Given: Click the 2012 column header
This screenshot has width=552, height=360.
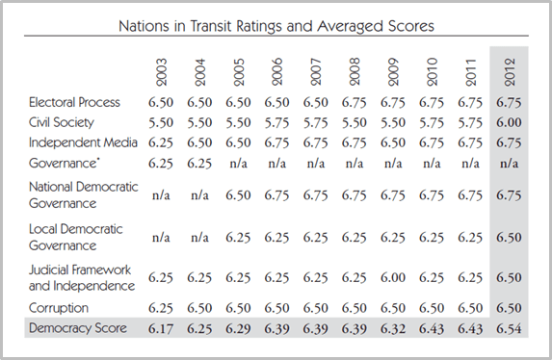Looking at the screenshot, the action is tap(510, 72).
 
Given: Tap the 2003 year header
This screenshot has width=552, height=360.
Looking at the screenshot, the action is tap(161, 72).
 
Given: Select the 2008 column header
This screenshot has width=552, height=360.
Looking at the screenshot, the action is tap(355, 72).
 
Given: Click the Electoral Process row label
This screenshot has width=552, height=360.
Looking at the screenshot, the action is tap(74, 102).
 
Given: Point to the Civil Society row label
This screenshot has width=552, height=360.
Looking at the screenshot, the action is tap(62, 123).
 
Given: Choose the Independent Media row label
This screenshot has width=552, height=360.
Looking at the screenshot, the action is tap(83, 142).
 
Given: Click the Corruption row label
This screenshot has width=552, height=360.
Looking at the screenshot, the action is tap(59, 308).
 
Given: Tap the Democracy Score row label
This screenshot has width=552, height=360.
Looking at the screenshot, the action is tap(78, 328).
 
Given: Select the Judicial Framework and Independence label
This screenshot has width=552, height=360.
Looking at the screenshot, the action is tap(82, 277).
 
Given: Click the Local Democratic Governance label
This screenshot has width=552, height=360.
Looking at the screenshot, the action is tap(76, 237).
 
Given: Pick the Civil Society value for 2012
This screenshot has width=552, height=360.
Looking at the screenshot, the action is tap(509, 123).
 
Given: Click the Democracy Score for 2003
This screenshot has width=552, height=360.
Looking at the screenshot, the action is tap(161, 328).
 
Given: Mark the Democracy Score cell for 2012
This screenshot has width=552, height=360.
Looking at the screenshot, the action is tap(509, 328).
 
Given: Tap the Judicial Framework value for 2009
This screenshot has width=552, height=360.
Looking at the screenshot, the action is tap(393, 277).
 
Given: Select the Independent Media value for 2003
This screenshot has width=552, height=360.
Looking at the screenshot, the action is tap(161, 142).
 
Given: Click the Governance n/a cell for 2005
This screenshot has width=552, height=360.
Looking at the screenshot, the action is tap(238, 164).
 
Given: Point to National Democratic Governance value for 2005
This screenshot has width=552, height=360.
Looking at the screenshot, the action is tap(238, 195).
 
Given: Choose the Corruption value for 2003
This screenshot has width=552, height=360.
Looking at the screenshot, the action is tap(161, 308).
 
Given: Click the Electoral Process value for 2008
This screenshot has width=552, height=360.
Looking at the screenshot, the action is tap(355, 103).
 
